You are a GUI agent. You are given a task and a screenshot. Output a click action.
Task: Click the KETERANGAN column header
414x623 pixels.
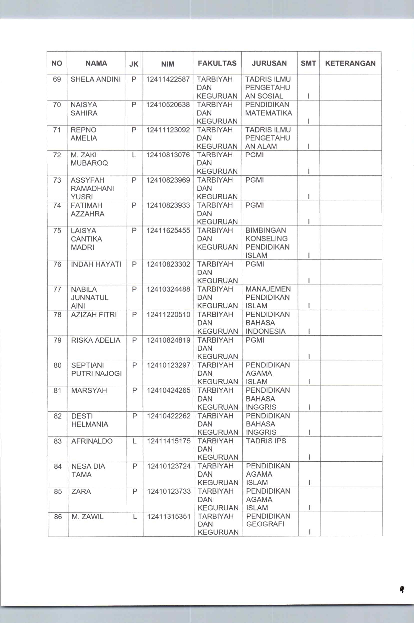coord(350,64)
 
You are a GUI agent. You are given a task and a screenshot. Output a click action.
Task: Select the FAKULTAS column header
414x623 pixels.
coord(217,64)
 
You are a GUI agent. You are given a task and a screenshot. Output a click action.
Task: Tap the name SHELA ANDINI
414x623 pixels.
coord(96,79)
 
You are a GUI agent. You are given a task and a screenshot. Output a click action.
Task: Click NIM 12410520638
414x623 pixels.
coord(168,105)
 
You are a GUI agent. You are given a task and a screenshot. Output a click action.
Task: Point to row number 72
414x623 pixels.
coord(57,155)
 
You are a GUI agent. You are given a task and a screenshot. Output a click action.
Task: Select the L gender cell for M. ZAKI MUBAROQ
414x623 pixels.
coord(134,155)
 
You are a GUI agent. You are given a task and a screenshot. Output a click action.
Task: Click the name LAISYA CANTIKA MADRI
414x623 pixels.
coord(87,239)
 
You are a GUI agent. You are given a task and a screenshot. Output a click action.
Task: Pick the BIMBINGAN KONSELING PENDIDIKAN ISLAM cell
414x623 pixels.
coord(268,243)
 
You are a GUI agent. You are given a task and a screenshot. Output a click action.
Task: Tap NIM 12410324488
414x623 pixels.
coord(168,289)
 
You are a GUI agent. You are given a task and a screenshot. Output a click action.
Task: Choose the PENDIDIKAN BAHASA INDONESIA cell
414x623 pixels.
coord(268,323)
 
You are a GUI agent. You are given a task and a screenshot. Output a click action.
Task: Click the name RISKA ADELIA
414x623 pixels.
coord(96,340)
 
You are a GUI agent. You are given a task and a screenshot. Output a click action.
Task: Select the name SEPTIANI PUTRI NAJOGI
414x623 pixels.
coord(97,369)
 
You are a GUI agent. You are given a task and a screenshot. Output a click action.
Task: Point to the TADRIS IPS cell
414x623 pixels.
coord(266,441)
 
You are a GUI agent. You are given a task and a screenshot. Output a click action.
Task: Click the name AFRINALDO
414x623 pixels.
coord(92,441)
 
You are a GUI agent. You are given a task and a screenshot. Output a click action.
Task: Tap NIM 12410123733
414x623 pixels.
coord(169,492)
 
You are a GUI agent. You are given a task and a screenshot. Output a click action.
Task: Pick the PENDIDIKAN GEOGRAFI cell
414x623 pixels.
coord(268,520)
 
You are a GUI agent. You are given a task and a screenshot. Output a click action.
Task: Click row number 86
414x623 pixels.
coord(58,517)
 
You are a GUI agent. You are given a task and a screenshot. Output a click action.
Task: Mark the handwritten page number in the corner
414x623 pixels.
coord(402,589)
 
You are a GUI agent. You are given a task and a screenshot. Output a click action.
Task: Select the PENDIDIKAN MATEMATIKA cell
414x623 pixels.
coord(268,109)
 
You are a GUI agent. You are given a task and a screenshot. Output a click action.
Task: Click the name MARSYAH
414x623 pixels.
coord(89,390)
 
